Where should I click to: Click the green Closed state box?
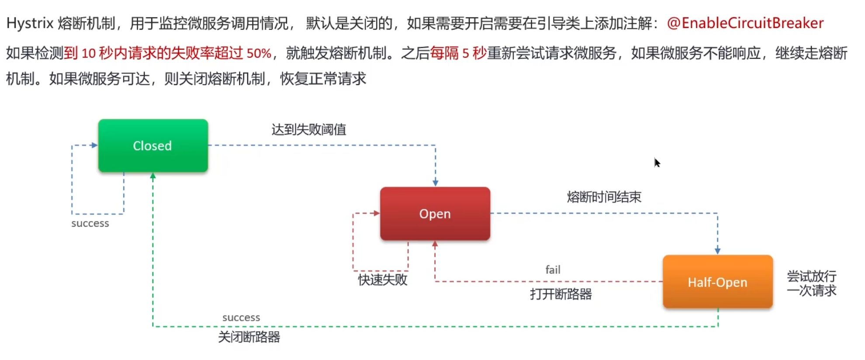153,145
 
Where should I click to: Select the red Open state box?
435,214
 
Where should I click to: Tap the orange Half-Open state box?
717,282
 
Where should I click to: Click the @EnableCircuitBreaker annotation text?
745,23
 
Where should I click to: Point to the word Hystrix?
30,23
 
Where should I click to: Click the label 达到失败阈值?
308,129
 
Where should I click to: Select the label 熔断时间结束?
604,197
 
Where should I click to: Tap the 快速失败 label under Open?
383,280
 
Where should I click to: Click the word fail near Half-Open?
553,270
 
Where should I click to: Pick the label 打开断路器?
561,294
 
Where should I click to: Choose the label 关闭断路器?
249,337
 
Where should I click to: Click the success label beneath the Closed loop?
90,223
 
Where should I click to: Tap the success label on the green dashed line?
241,318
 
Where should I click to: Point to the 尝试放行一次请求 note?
811,283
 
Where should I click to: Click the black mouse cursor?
657,163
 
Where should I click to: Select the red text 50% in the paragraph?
259,53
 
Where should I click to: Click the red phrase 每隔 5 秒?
458,53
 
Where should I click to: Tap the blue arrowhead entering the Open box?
435,183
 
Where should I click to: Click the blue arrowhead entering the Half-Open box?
717,251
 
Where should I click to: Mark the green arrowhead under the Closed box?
153,176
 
